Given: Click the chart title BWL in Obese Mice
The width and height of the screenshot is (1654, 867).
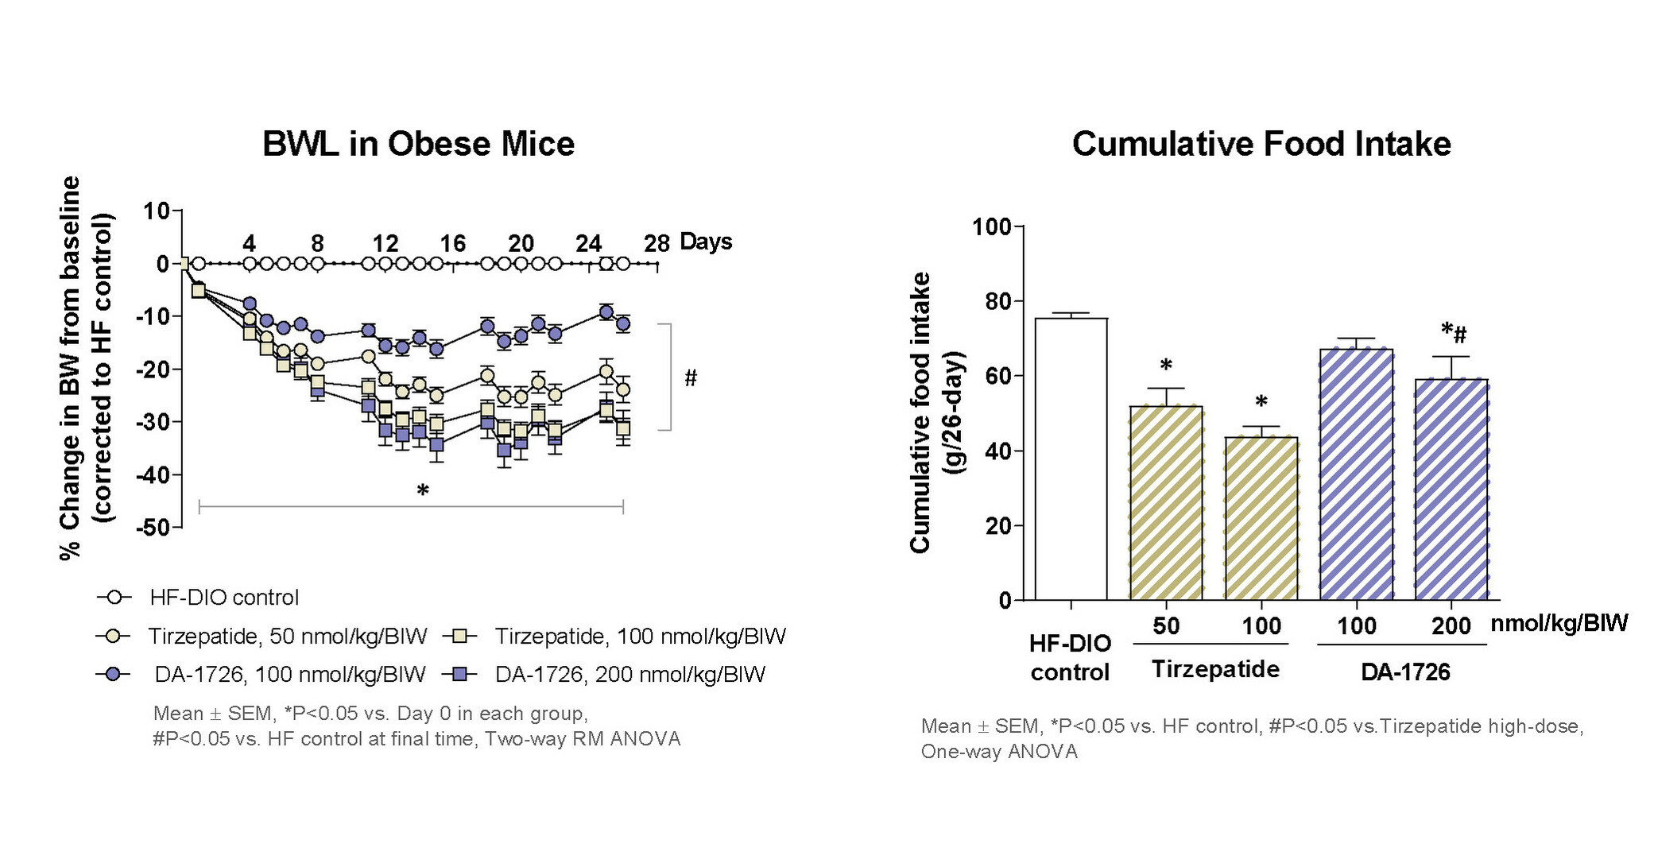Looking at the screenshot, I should (418, 144).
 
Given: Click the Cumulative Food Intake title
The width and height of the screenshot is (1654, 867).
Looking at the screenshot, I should (1261, 144).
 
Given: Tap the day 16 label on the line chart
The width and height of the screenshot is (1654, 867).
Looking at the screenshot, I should (452, 243).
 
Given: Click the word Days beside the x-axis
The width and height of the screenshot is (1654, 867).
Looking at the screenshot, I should (706, 242).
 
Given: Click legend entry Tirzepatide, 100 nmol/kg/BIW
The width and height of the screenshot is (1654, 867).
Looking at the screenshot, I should (640, 636).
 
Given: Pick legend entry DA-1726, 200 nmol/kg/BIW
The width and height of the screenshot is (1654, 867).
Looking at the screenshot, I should (629, 675).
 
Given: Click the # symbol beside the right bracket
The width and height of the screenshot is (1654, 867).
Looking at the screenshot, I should (690, 378).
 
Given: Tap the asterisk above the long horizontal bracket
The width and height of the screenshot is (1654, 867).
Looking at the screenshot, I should (423, 490).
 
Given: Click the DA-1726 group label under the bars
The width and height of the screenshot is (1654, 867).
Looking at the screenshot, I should (1404, 672).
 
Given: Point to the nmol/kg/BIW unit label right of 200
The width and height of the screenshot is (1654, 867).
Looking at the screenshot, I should (1559, 623).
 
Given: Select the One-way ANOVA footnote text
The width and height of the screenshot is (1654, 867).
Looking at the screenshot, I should (998, 751).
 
